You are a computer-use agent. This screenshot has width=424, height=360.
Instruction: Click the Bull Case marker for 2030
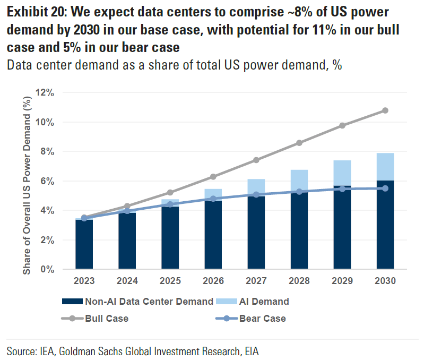(385, 110)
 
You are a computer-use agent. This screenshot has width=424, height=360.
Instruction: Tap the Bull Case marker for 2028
(299, 143)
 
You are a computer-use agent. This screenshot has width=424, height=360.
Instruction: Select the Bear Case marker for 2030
(385, 188)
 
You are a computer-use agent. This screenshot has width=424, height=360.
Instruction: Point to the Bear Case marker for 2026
(213, 199)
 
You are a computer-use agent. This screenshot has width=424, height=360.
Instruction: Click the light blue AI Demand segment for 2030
(385, 167)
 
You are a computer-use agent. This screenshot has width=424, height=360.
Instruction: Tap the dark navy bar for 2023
(84, 244)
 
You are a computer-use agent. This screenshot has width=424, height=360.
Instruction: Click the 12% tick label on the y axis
(45, 93)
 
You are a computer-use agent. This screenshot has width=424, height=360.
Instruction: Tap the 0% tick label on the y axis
(47, 269)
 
